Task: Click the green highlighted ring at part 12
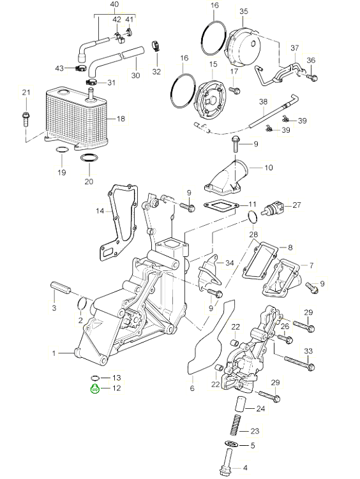95,390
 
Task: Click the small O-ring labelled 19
61,150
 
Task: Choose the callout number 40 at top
115,5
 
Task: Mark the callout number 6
191,387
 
